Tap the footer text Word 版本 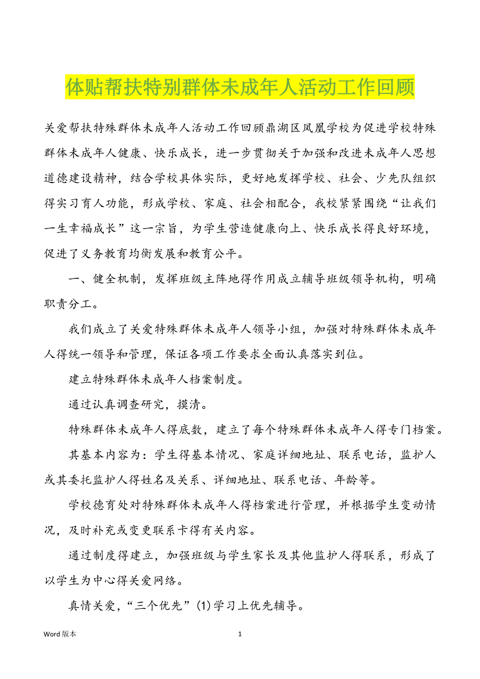point(60,634)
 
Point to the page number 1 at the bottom point(240,634)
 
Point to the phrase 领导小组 point(276,330)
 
